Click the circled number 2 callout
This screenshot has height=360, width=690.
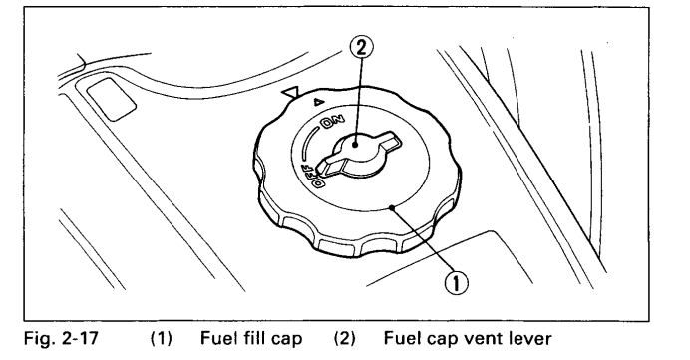point(360,47)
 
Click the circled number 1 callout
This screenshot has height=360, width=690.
point(457,282)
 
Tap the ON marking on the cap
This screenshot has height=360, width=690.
point(334,123)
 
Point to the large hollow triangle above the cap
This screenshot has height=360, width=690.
point(291,93)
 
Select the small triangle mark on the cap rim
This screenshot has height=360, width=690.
point(318,103)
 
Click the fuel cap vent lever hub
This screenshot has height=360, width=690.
point(356,145)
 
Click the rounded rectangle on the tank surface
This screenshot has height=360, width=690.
point(111,98)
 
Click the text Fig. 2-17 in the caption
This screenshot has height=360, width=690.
point(61,338)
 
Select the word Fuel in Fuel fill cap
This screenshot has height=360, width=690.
point(218,338)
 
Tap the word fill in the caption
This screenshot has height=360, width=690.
point(255,338)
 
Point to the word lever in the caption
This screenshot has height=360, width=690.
point(530,338)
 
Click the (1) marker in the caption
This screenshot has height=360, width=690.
point(162,339)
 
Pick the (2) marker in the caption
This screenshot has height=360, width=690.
point(344,339)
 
